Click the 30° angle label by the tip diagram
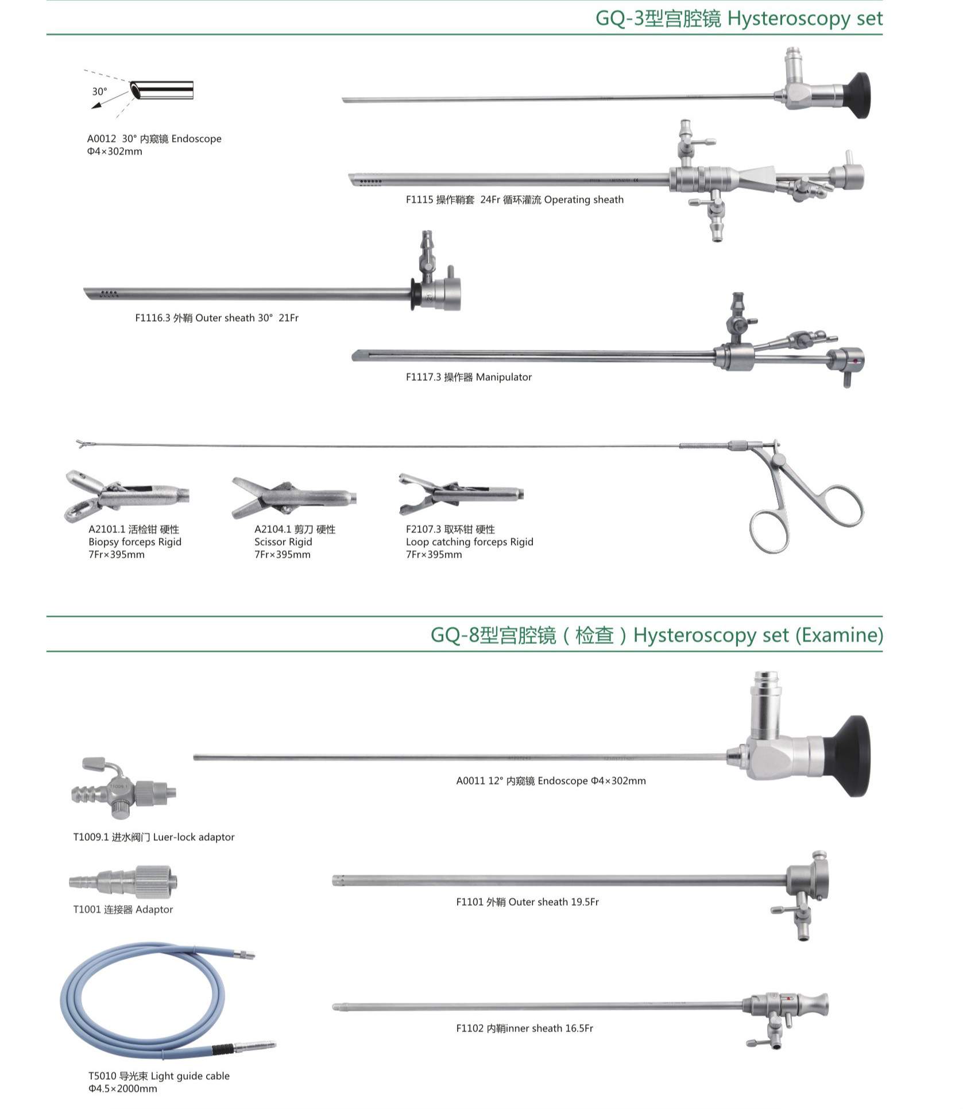click(99, 92)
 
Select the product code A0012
click(102, 139)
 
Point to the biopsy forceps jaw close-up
click(126, 496)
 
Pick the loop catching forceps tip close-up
click(461, 494)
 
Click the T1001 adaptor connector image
click(123, 882)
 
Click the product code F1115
click(419, 200)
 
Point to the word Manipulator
click(504, 377)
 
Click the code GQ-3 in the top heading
click(620, 18)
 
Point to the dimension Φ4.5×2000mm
click(122, 1089)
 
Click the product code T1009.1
click(91, 837)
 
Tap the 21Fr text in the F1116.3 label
click(289, 318)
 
